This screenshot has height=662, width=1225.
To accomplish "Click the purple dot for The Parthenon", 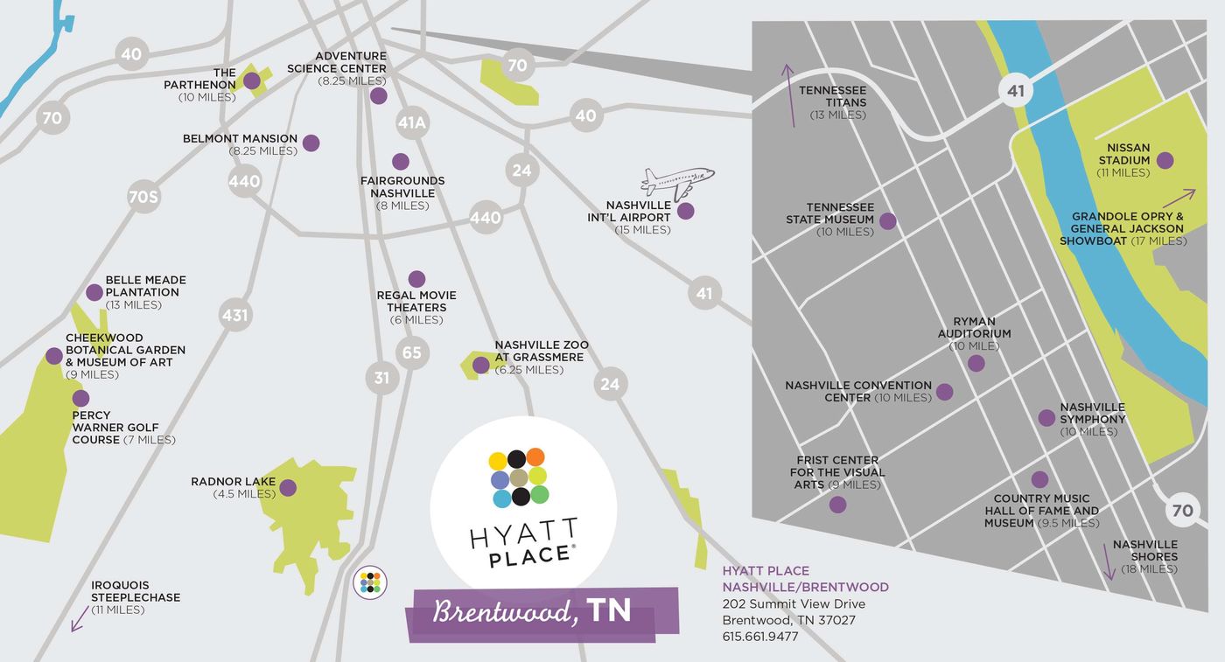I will (x=252, y=81).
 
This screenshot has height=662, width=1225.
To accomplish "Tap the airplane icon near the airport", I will (x=676, y=181).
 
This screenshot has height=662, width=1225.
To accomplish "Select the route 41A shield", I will (x=411, y=123).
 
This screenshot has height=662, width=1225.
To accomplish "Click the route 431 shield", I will (x=234, y=315).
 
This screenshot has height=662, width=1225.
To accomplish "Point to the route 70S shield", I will (x=143, y=197).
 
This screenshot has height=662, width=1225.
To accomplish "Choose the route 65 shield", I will (x=411, y=353).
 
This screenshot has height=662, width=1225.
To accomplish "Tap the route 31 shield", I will (x=381, y=378).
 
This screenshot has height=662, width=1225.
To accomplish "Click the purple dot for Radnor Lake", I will (x=288, y=488).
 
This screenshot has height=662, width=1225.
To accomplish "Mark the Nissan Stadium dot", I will (x=1165, y=160).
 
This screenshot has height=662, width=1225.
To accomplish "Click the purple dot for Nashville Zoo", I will (x=480, y=365).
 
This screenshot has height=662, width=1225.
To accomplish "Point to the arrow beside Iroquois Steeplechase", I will (x=80, y=620).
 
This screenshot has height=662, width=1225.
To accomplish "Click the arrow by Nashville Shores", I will (x=1109, y=562).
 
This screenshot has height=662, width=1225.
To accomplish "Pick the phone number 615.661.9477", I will (x=759, y=637).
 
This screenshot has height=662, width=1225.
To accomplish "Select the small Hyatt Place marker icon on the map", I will (x=371, y=582).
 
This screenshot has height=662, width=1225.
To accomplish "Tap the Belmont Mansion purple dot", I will (x=311, y=143).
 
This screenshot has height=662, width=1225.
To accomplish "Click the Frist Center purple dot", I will (x=837, y=505).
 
